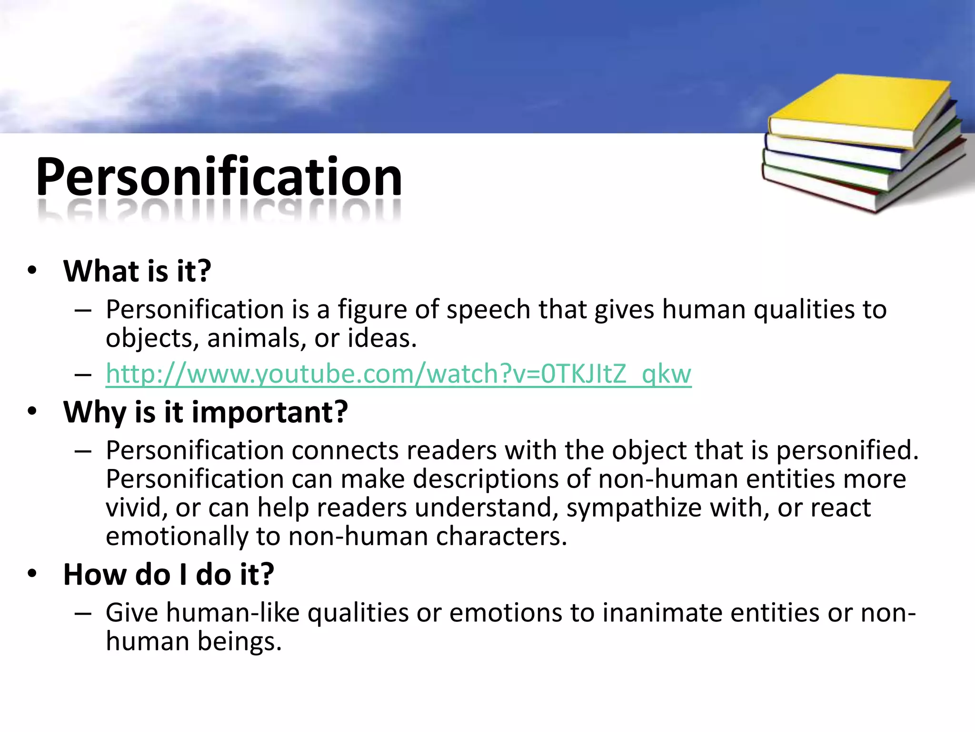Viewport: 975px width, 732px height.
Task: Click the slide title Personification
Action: click(x=219, y=177)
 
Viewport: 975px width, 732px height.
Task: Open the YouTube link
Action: click(x=398, y=374)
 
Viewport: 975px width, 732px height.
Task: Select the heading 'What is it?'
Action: click(x=137, y=271)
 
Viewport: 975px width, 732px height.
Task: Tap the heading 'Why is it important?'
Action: click(x=206, y=412)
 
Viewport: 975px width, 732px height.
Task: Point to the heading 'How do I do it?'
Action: click(x=169, y=574)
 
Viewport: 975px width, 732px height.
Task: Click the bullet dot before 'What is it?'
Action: click(x=32, y=271)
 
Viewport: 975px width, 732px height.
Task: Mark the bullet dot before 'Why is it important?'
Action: click(x=32, y=411)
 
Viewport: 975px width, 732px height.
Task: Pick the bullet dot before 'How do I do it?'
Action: click(x=32, y=573)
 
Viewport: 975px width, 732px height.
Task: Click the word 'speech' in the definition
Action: click(x=488, y=310)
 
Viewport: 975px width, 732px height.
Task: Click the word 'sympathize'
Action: click(x=634, y=508)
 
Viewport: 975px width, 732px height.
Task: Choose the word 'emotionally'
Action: click(x=177, y=537)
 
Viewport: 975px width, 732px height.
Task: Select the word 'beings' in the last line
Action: click(x=239, y=642)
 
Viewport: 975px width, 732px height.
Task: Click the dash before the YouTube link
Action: click(x=83, y=375)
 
